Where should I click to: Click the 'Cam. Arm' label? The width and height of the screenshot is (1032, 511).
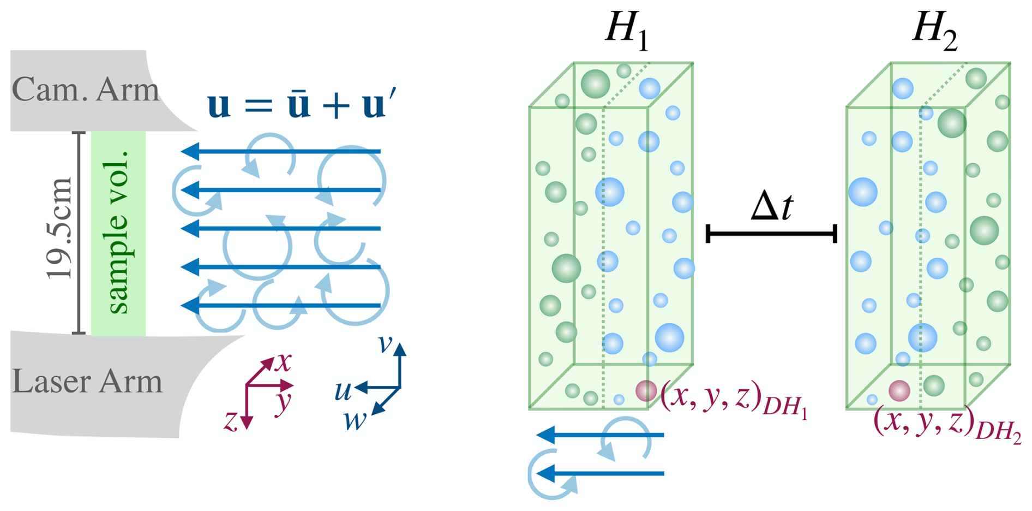pos(85,90)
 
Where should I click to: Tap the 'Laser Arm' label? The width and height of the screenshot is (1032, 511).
pos(87,381)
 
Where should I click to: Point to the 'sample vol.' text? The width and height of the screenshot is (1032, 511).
pos(118,231)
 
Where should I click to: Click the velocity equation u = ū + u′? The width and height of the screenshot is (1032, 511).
pos(302,104)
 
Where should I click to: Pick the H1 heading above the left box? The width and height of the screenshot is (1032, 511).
pos(627,30)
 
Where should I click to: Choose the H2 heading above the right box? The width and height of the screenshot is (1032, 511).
pos(935,30)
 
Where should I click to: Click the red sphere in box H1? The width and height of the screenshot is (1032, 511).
pos(646,390)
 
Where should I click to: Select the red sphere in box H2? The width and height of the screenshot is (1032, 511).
pos(899,391)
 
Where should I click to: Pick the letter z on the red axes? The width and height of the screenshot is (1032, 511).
pos(231,421)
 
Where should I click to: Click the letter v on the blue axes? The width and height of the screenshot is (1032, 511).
pos(385,344)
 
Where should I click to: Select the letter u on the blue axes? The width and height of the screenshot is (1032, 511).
pos(343,391)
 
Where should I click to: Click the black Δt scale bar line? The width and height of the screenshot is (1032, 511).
pos(771,234)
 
